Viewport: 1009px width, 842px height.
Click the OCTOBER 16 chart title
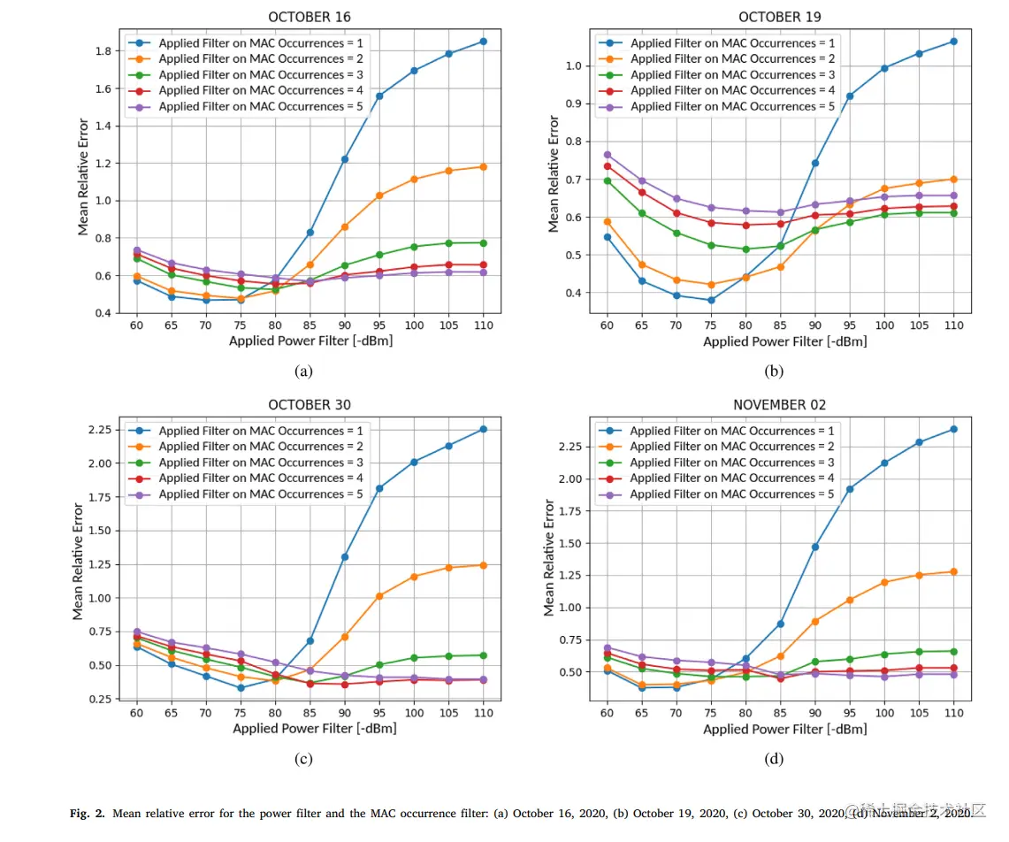pyautogui.click(x=310, y=17)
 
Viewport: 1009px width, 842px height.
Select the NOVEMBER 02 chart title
pyautogui.click(x=779, y=405)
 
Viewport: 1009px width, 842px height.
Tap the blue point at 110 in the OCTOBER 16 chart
pyautogui.click(x=483, y=42)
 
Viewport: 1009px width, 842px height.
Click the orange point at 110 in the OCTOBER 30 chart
pyautogui.click(x=483, y=564)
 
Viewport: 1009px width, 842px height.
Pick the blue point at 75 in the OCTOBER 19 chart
pyautogui.click(x=711, y=300)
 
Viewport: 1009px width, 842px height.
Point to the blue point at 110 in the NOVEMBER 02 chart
pyautogui.click(x=953, y=429)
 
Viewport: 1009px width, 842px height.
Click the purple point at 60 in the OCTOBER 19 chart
pyautogui.click(x=608, y=154)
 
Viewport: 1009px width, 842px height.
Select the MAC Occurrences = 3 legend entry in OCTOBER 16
pyautogui.click(x=251, y=74)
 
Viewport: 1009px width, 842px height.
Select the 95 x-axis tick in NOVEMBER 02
pyautogui.click(x=850, y=713)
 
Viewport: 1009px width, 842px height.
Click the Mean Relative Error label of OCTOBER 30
pyautogui.click(x=78, y=561)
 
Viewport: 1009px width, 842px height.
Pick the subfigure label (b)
pyautogui.click(x=775, y=371)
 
